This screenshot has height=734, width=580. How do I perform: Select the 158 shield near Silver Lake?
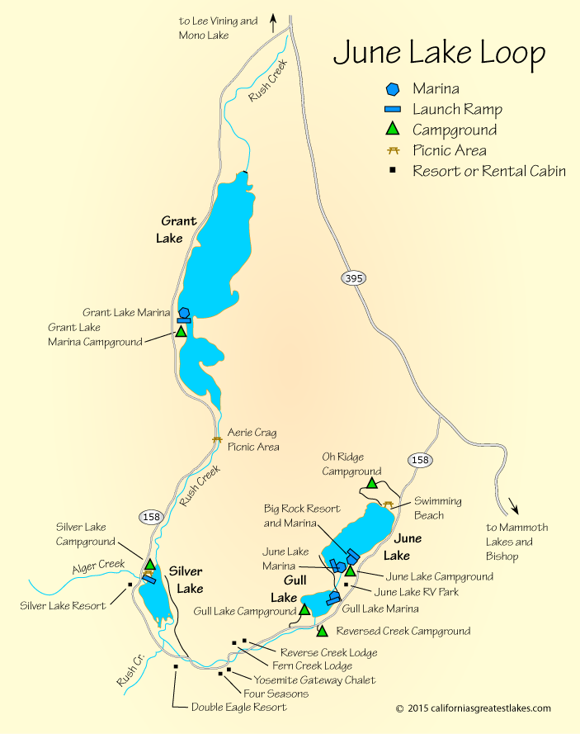(x=151, y=517)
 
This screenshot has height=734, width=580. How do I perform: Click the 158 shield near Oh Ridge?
(x=419, y=460)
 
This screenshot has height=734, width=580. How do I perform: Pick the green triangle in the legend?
(x=394, y=129)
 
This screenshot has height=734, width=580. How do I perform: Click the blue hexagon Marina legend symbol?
(x=394, y=88)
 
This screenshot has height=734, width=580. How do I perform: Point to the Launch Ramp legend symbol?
(x=394, y=109)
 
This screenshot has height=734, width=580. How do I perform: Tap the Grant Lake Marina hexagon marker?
(x=183, y=314)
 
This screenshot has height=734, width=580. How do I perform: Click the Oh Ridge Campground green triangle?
(x=372, y=483)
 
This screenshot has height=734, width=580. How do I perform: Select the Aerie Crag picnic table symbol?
(x=217, y=439)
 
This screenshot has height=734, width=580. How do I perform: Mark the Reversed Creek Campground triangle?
(x=323, y=632)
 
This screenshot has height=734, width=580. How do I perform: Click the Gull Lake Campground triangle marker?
(x=304, y=610)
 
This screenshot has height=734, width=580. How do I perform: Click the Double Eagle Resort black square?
(x=176, y=666)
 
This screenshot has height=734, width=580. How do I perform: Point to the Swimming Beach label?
(x=437, y=508)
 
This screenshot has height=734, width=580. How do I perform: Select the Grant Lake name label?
(x=178, y=229)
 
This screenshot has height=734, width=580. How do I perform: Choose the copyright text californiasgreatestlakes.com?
(x=473, y=708)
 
